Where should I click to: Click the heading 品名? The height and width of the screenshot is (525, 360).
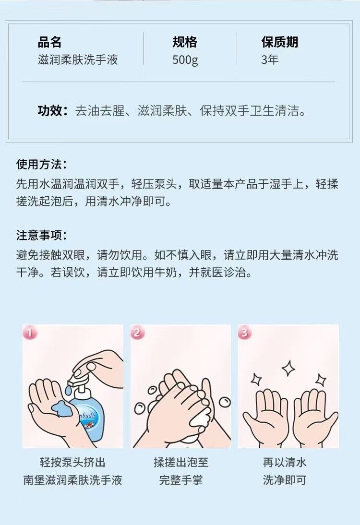49,42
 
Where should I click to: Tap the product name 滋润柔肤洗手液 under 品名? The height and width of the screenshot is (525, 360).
78,60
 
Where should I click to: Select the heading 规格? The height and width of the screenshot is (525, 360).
185,42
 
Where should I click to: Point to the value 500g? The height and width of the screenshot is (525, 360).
185,60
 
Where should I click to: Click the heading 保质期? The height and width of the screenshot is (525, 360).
280,42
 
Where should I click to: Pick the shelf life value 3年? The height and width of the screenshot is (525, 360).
270,60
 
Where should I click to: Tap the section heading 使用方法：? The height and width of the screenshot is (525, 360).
42,164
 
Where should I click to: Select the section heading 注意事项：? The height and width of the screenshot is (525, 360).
42,235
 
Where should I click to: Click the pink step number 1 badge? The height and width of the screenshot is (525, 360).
30,333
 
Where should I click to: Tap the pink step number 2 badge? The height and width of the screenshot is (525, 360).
137,333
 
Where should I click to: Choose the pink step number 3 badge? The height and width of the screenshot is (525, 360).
244,333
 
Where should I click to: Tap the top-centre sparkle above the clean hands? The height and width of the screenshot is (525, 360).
288,368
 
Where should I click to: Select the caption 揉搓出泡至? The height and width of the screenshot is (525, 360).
181,463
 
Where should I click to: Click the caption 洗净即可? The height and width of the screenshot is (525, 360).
285,480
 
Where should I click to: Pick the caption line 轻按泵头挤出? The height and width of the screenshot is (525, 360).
72,463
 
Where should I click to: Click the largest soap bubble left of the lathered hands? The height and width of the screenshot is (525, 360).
140,408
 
